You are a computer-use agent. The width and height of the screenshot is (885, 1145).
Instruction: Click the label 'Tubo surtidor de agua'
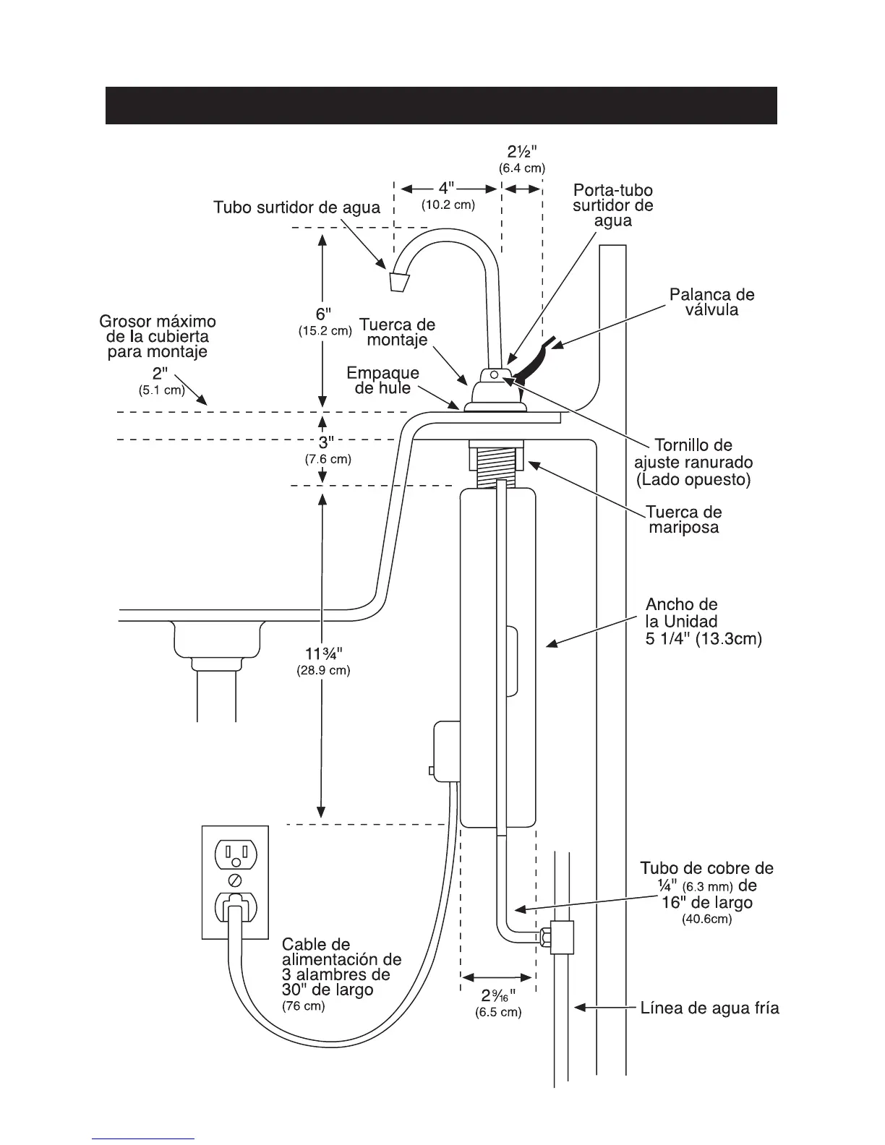click(x=296, y=207)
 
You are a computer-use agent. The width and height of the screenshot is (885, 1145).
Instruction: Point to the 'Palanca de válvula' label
click(x=711, y=302)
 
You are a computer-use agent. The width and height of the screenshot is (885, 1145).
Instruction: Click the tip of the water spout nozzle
click(x=398, y=281)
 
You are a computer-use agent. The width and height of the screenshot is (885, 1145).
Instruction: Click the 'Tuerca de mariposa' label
click(x=684, y=519)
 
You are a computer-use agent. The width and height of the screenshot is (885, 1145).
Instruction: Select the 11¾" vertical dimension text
click(x=323, y=654)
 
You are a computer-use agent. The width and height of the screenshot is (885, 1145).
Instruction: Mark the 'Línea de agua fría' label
click(x=710, y=1008)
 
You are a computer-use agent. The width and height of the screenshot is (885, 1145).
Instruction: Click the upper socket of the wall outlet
click(x=234, y=853)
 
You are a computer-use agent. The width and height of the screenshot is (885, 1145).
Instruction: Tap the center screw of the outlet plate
click(x=234, y=880)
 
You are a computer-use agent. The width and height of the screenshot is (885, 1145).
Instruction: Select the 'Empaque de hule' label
click(x=382, y=380)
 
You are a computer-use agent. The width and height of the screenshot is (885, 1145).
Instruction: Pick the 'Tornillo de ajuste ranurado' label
click(x=693, y=462)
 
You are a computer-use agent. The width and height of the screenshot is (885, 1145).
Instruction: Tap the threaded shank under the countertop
click(x=497, y=463)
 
